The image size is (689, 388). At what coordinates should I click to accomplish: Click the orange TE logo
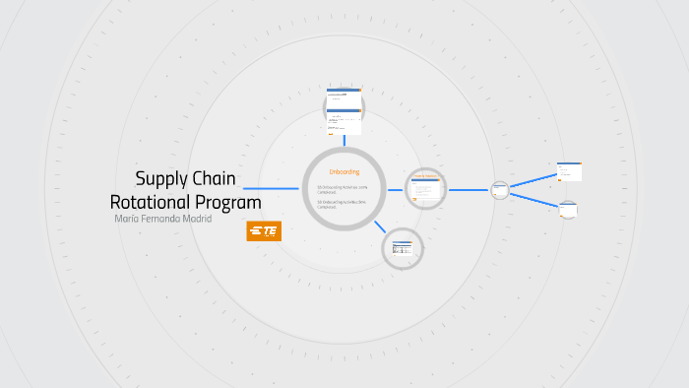264,231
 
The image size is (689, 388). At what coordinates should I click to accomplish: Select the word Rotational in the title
154,202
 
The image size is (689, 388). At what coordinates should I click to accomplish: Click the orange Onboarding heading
344,172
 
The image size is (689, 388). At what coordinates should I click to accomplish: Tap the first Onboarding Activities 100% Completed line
342,188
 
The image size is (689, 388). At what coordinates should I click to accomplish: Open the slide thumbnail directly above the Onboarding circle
344,110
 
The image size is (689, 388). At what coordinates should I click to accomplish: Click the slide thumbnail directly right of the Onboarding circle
426,189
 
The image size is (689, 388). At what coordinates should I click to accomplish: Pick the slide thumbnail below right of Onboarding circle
402,247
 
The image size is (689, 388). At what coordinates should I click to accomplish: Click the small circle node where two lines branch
499,189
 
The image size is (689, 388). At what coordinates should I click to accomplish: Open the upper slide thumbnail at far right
569,171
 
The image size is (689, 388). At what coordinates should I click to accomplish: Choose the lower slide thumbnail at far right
569,209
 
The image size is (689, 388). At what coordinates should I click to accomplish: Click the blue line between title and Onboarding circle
271,189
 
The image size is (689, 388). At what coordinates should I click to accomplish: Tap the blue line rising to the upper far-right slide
532,180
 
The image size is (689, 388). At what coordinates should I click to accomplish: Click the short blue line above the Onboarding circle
344,144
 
